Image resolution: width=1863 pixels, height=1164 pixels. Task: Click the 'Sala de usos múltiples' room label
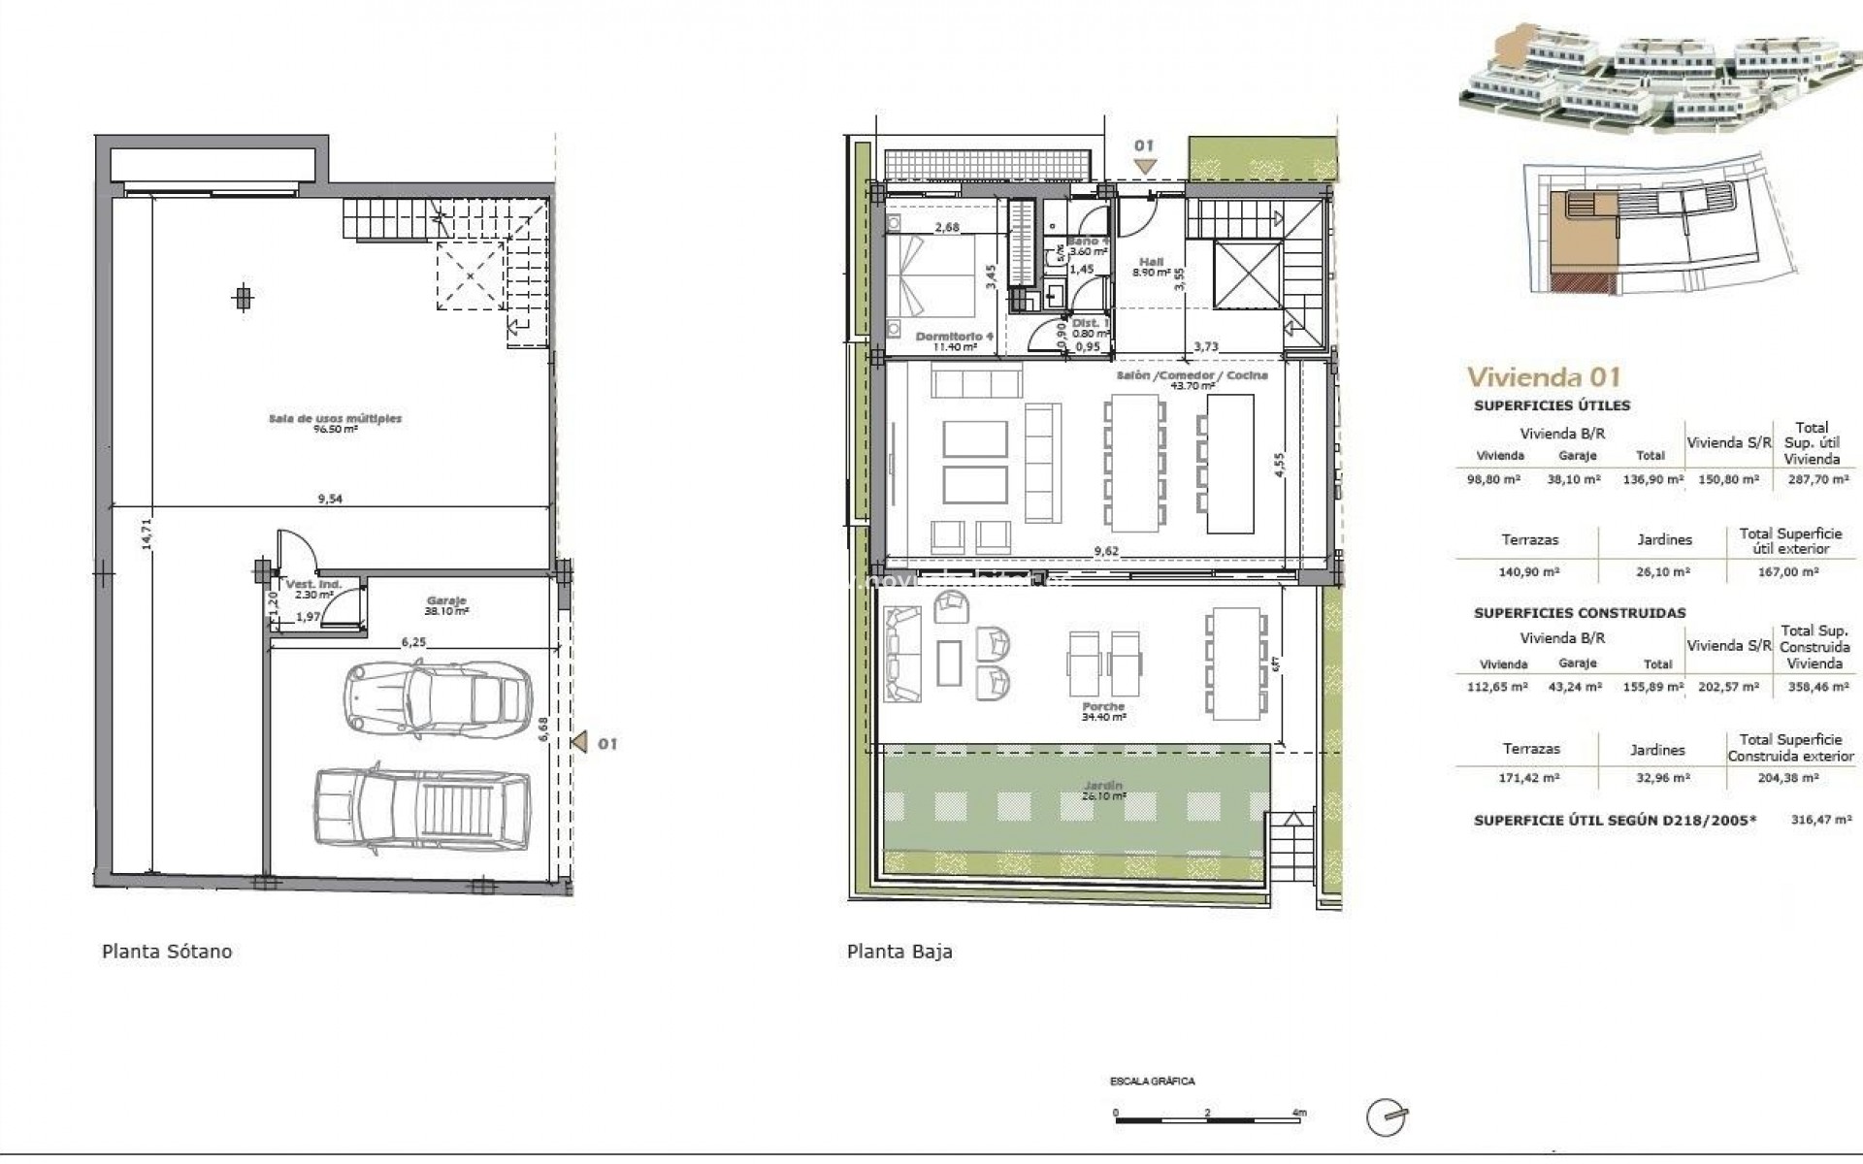pyautogui.click(x=335, y=419)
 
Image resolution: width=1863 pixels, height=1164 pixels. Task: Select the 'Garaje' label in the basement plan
pyautogui.click(x=446, y=600)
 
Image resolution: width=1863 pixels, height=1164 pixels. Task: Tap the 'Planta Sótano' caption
pyautogui.click(x=167, y=952)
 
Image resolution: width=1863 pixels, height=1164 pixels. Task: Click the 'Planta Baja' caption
pyautogui.click(x=899, y=952)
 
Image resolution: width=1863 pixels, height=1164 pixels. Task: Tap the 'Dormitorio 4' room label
pyautogui.click(x=955, y=336)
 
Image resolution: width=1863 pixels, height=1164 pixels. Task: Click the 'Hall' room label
pyautogui.click(x=1151, y=262)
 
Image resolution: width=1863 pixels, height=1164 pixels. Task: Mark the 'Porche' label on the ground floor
pyautogui.click(x=1103, y=707)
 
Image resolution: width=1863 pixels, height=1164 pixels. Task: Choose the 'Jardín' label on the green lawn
pyautogui.click(x=1103, y=786)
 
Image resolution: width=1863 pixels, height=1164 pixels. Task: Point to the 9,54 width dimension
pyautogui.click(x=330, y=499)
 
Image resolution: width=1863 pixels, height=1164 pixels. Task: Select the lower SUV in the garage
pyautogui.click(x=422, y=810)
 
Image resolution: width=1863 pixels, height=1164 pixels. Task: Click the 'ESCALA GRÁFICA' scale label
pyautogui.click(x=1153, y=1081)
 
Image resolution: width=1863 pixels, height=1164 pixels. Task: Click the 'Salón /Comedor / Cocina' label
pyautogui.click(x=1192, y=375)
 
